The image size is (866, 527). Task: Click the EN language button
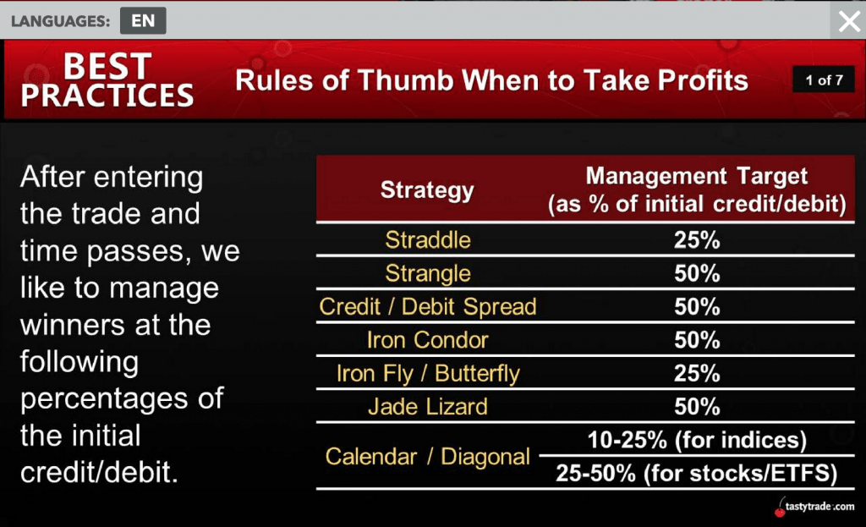tap(143, 20)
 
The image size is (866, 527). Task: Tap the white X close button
tap(849, 21)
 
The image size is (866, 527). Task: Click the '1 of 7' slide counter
tap(824, 80)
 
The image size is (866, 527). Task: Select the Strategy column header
tap(427, 190)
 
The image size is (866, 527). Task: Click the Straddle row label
tap(428, 239)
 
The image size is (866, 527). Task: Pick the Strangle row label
tap(428, 273)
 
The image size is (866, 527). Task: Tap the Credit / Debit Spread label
tap(428, 306)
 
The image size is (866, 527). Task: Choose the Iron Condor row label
tap(428, 340)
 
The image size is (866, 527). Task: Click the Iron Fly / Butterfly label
tap(428, 373)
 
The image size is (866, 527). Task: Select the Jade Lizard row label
tap(428, 407)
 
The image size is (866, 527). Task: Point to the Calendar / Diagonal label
tap(427, 457)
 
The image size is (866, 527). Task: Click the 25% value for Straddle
tap(697, 240)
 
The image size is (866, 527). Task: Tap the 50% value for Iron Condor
tap(697, 340)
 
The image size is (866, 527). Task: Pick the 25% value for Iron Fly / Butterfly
tap(697, 373)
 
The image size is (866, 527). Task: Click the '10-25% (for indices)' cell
tap(697, 440)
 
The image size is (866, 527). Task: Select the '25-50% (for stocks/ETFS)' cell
tap(697, 474)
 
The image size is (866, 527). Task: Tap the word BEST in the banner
tap(107, 67)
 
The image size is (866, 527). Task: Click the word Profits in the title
tap(693, 80)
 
